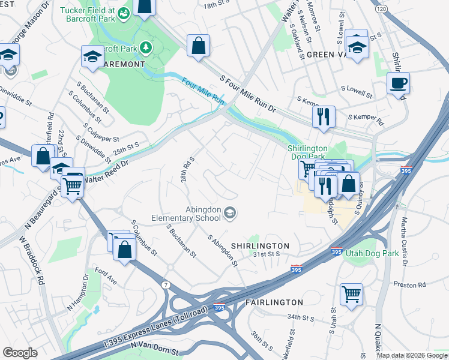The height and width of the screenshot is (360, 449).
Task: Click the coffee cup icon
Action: pos(397,83)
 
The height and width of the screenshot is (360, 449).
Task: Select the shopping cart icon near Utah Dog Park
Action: pos(351,294)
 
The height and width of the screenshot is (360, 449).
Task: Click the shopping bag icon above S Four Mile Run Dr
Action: pos(198,45)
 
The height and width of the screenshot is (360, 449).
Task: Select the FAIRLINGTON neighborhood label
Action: pos(274,302)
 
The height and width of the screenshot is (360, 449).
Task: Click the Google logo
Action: pos(20,352)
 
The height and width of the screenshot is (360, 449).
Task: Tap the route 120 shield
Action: pos(381,9)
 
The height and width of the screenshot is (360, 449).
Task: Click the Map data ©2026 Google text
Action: pos(412,355)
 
